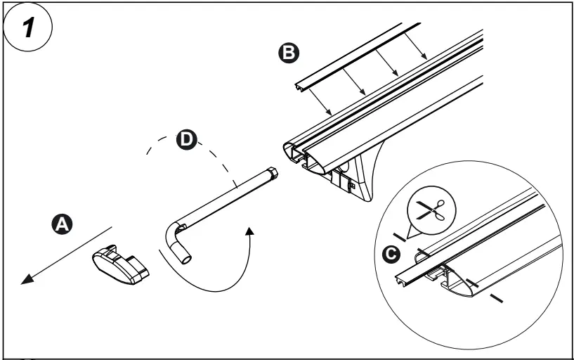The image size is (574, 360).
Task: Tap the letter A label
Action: click(63, 224)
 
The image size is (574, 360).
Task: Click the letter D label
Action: click(185, 139)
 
